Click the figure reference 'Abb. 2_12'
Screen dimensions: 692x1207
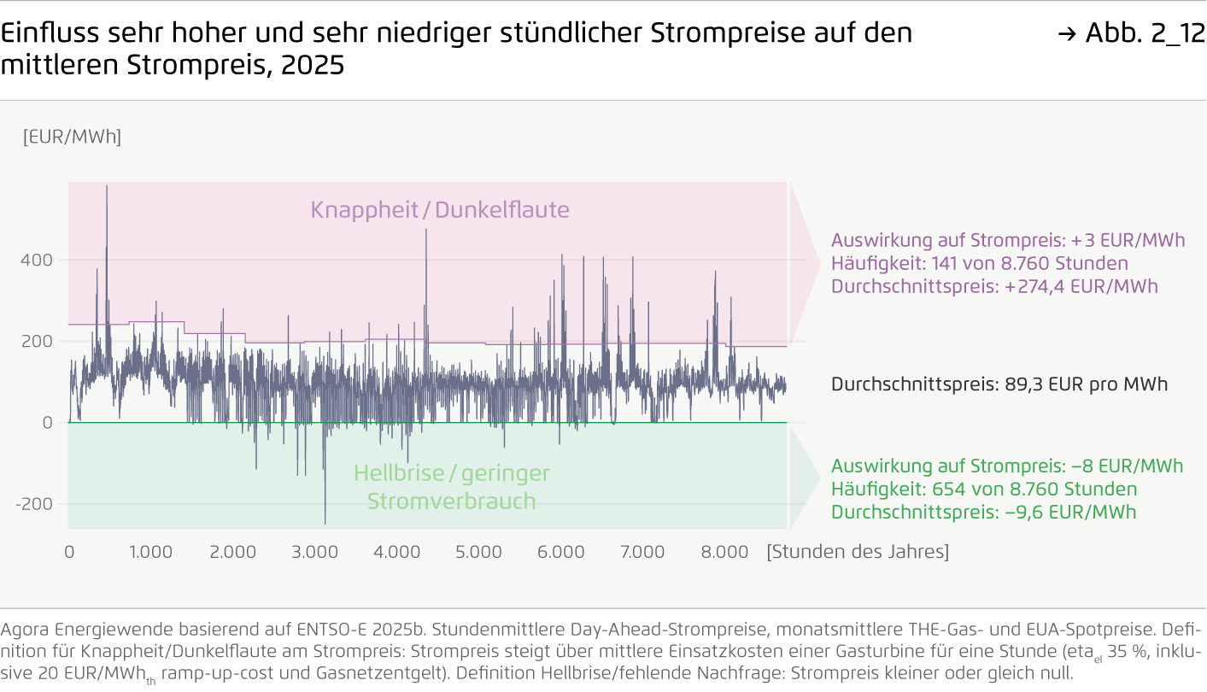(x=1145, y=33)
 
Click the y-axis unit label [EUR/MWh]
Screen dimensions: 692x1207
(x=72, y=137)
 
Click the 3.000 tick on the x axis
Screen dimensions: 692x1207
(x=315, y=552)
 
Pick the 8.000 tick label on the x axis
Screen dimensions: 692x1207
(x=724, y=552)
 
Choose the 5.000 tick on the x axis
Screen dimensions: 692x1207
(x=478, y=552)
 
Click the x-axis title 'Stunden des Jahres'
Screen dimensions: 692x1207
(x=858, y=552)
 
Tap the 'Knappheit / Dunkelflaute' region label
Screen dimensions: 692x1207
(x=440, y=210)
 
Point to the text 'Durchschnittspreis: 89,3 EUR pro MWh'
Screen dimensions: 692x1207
(x=999, y=384)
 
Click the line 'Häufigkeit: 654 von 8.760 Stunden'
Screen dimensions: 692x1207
(x=984, y=490)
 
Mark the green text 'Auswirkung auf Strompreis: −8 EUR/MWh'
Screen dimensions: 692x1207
(x=1007, y=466)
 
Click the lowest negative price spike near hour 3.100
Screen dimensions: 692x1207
(x=325, y=523)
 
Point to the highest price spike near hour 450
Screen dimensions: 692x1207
(x=107, y=187)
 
